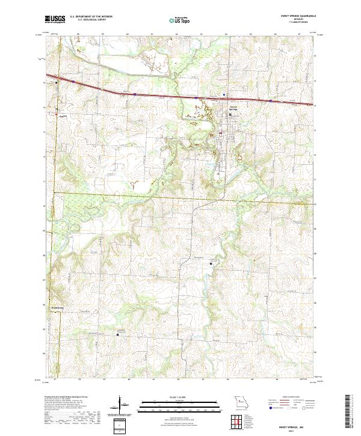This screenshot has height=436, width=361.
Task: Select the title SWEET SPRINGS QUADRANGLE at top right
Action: pos(291,16)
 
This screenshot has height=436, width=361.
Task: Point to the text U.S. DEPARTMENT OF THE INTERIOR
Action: pos(91,17)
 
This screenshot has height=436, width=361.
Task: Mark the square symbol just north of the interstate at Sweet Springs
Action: pos(224,94)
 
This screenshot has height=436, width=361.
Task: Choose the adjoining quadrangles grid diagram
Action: pos(241,419)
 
